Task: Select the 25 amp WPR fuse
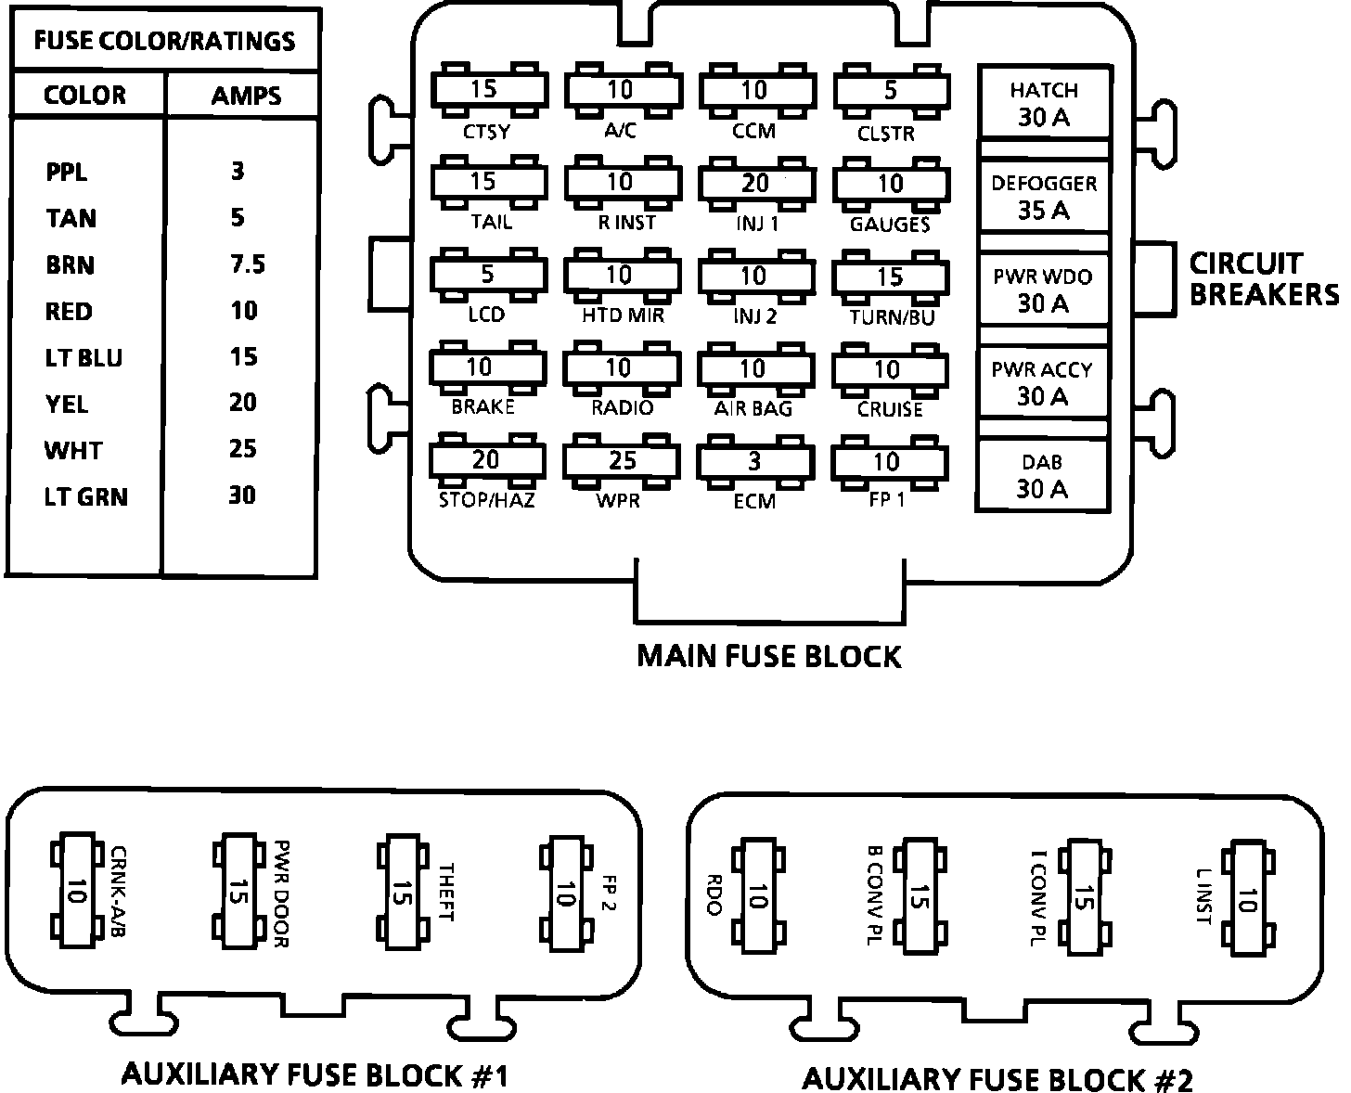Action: (x=622, y=460)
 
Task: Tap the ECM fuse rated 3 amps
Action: (x=755, y=461)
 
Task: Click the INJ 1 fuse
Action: (x=755, y=183)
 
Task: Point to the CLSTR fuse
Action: (x=890, y=90)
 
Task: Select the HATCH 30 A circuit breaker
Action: (x=1044, y=103)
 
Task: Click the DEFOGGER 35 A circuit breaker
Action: (x=1044, y=197)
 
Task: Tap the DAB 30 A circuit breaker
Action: (x=1043, y=475)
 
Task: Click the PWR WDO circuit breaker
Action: (x=1044, y=289)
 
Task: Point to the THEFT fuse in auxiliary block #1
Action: (x=403, y=893)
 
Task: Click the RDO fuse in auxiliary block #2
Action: (x=756, y=896)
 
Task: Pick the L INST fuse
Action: (x=1245, y=896)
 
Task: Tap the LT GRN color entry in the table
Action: (x=85, y=496)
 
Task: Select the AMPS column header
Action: (x=245, y=96)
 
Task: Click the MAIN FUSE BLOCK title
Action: (x=768, y=656)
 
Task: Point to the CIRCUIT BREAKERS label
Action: (x=1263, y=278)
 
